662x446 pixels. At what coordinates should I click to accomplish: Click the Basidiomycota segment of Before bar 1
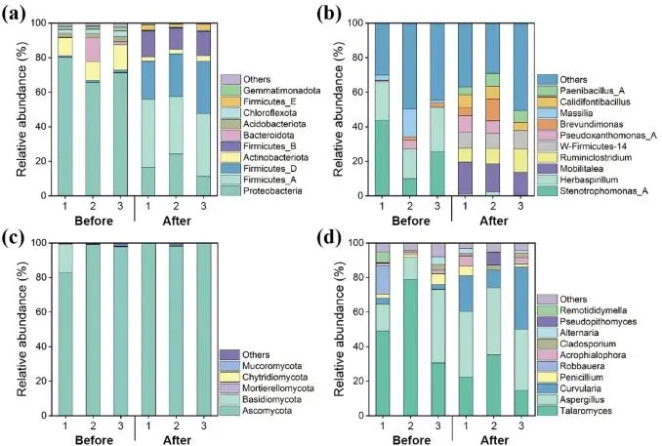(65, 258)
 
